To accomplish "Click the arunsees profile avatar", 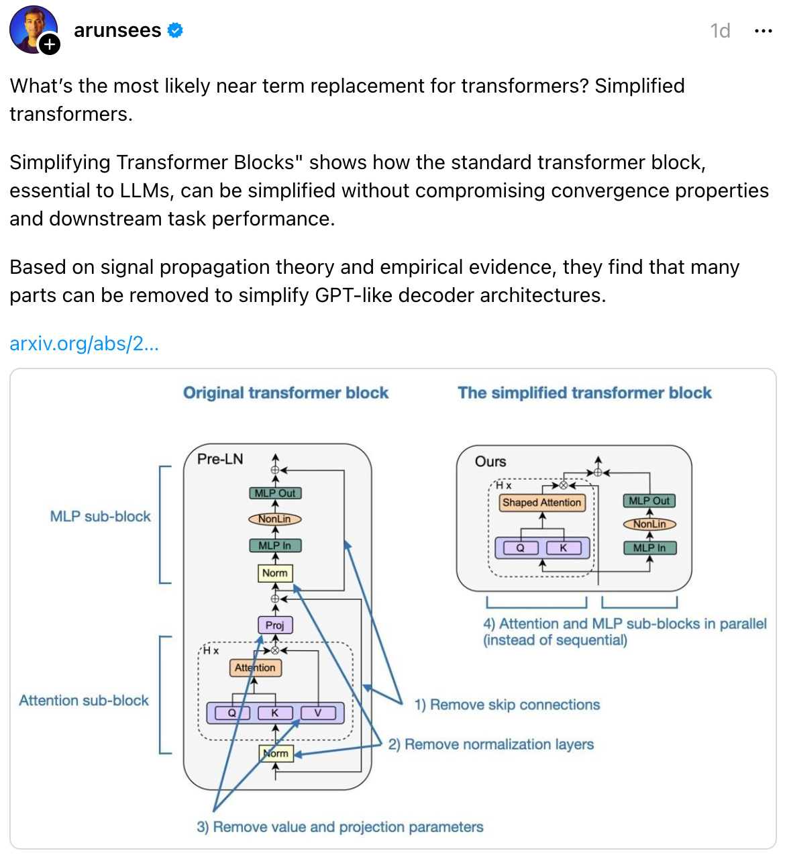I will (x=32, y=29).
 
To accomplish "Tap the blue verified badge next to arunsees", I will (x=175, y=30).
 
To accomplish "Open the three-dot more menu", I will (x=763, y=31).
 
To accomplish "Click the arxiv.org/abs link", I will (x=84, y=344).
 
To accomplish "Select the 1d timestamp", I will (x=720, y=31).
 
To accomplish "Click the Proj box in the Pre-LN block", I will (x=274, y=625).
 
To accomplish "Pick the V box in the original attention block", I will (x=318, y=713).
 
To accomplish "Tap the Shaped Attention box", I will (x=541, y=502).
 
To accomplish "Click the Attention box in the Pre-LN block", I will (x=255, y=668).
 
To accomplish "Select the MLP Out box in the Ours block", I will (x=649, y=501).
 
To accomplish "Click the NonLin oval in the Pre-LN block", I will (x=274, y=519).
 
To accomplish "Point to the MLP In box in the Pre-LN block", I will (x=274, y=546).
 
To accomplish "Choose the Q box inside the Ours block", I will (x=520, y=548).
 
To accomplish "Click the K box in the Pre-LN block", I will (x=274, y=713).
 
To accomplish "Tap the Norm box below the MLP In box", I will (x=274, y=573).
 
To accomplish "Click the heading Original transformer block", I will (x=286, y=393).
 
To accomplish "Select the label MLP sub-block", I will (x=101, y=516).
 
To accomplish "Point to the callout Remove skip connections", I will (x=507, y=705).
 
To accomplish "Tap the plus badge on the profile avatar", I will (x=50, y=45).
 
